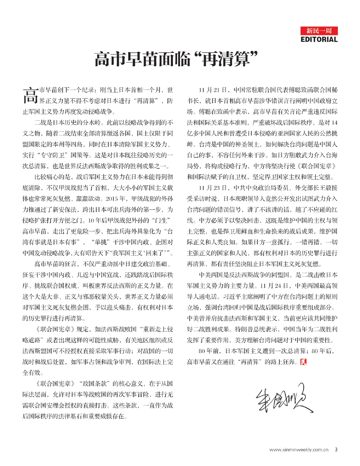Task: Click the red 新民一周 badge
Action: (319, 31)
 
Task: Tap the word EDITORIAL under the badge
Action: (319, 39)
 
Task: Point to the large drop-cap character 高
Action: (30, 95)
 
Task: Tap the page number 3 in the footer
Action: (336, 450)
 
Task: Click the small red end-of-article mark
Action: (303, 362)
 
